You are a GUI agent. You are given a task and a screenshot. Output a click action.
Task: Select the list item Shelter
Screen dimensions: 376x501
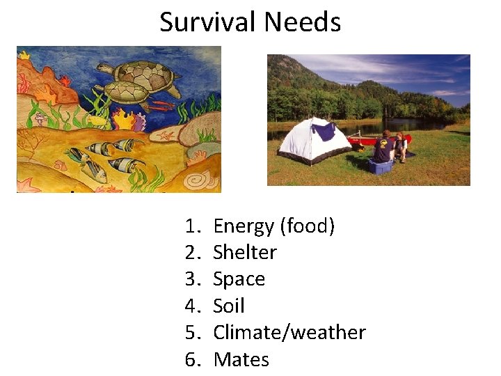point(244,252)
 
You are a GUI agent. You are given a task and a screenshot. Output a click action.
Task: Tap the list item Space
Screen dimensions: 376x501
point(239,279)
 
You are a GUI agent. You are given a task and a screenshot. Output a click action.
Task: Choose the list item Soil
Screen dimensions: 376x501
point(228,306)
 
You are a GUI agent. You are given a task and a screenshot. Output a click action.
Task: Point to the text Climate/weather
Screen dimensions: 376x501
point(289,333)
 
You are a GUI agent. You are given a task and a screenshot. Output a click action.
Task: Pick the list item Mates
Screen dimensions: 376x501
point(241,359)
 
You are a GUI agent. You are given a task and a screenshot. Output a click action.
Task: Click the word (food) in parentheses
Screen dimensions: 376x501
point(307,226)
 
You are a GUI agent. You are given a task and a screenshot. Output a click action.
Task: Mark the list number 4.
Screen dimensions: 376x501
point(192,306)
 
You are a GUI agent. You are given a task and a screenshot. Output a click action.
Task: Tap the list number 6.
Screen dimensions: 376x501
point(192,359)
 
